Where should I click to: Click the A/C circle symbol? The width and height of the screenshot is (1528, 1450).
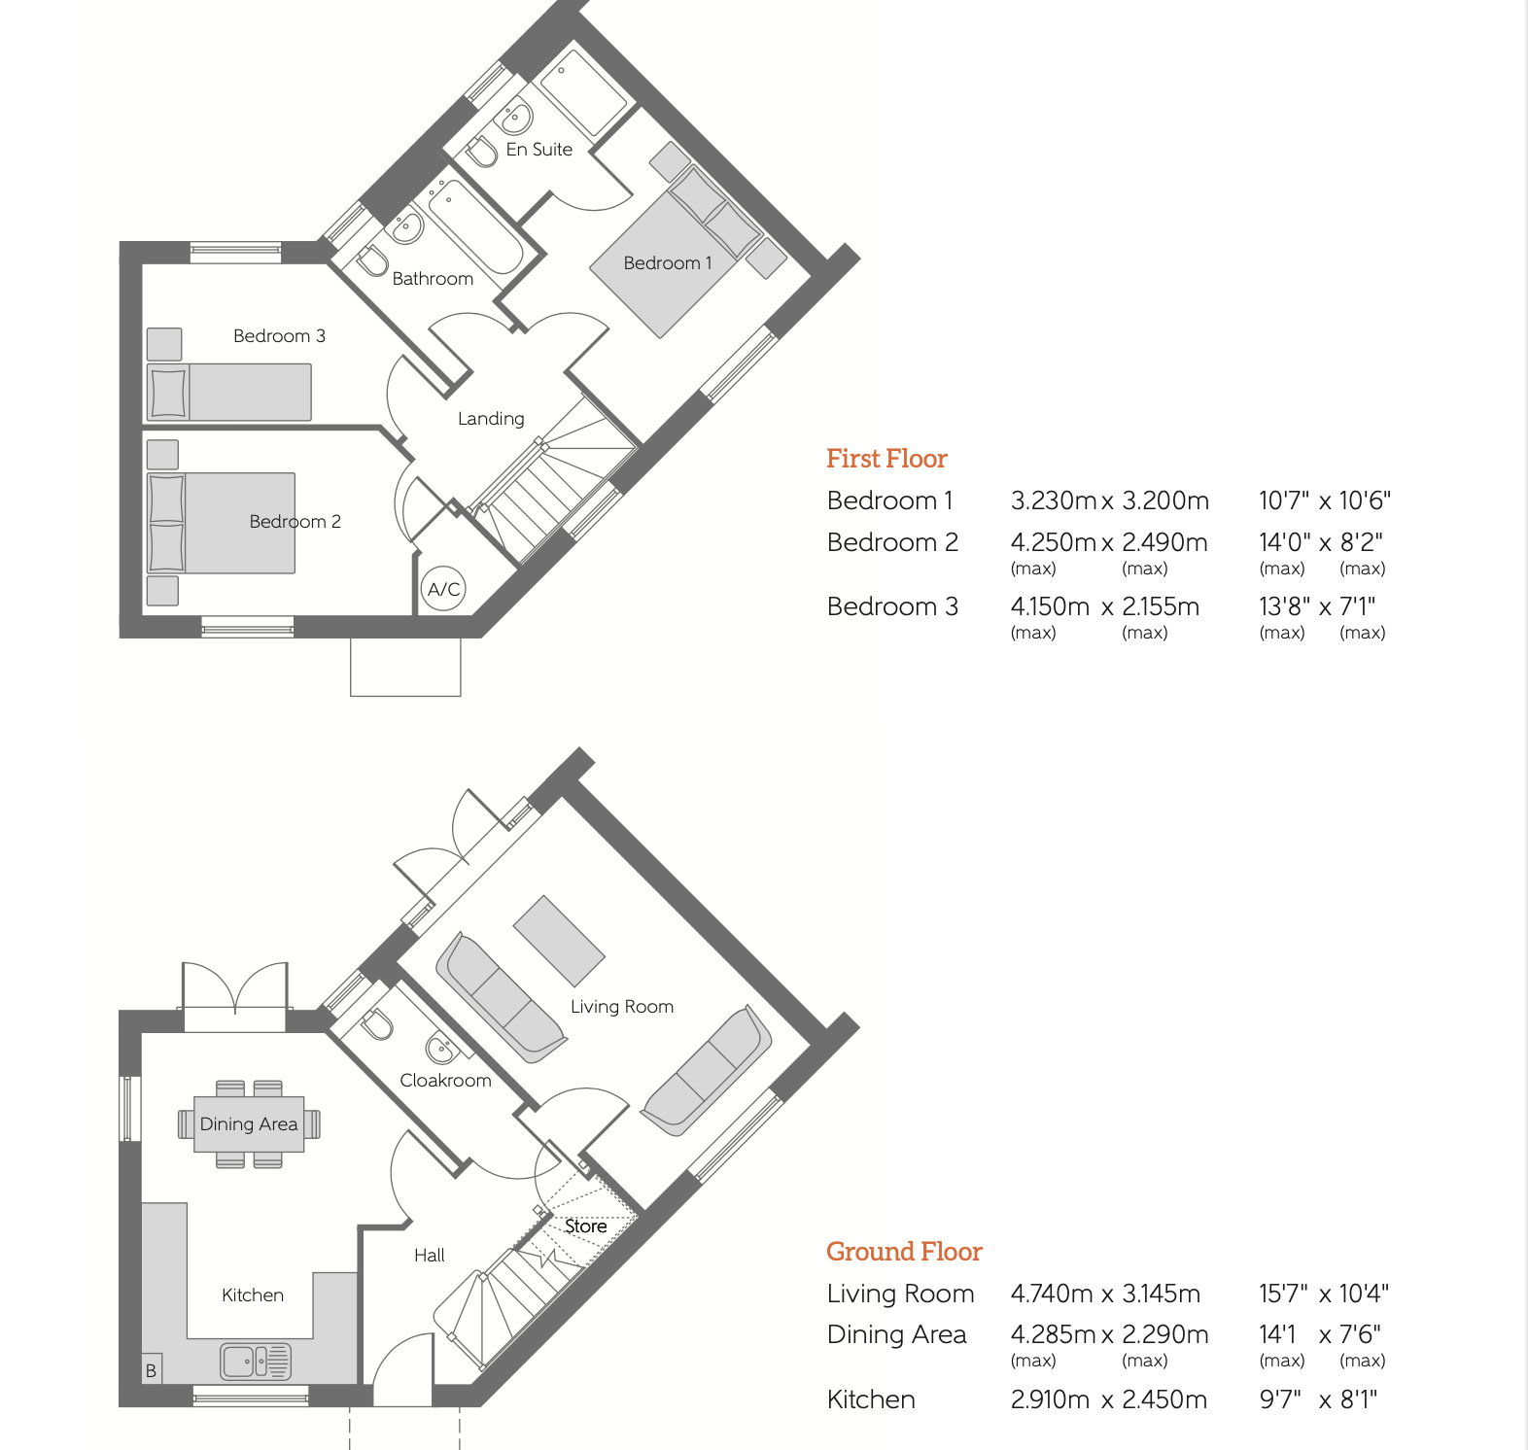click(444, 589)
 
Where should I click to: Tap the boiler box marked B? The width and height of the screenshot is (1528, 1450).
click(152, 1368)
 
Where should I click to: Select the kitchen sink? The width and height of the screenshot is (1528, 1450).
click(256, 1362)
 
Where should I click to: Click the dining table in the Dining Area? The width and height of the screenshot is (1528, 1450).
click(249, 1124)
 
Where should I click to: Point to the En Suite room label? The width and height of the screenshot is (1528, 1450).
click(539, 149)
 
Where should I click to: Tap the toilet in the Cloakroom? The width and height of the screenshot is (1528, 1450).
click(377, 1024)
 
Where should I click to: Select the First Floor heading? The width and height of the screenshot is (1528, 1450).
click(886, 459)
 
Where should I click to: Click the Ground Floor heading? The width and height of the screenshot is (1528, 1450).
click(904, 1252)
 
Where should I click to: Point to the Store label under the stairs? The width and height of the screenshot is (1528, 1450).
click(586, 1226)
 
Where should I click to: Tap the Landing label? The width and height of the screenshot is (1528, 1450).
click(491, 418)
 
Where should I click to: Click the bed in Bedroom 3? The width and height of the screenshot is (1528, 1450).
click(229, 392)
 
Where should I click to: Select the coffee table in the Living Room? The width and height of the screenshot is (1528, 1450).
click(559, 941)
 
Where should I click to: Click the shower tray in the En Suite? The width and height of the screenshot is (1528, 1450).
click(584, 93)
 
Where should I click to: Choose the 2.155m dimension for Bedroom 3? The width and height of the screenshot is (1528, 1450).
click(1161, 606)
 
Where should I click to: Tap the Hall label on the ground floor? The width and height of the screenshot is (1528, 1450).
click(430, 1255)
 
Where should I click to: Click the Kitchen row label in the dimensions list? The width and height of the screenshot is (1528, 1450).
click(871, 1399)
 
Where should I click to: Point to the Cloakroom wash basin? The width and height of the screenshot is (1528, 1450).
click(440, 1049)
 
